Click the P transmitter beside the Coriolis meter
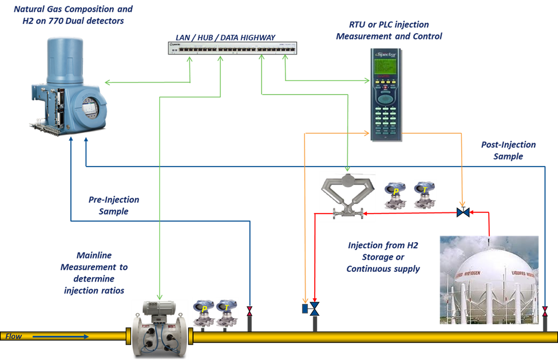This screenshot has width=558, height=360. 395,195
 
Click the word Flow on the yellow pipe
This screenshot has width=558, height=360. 14,337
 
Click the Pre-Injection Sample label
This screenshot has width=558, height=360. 114,205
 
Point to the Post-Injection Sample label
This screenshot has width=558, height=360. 508,151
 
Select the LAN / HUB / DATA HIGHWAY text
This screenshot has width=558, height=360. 225,37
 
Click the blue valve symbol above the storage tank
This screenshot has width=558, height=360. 463,212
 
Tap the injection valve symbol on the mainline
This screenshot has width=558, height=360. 314,309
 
